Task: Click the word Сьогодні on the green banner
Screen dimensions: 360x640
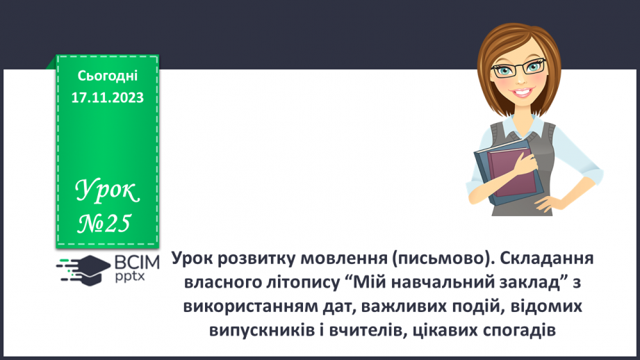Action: (108, 75)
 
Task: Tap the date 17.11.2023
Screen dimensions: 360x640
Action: (108, 97)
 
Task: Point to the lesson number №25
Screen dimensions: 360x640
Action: (103, 222)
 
